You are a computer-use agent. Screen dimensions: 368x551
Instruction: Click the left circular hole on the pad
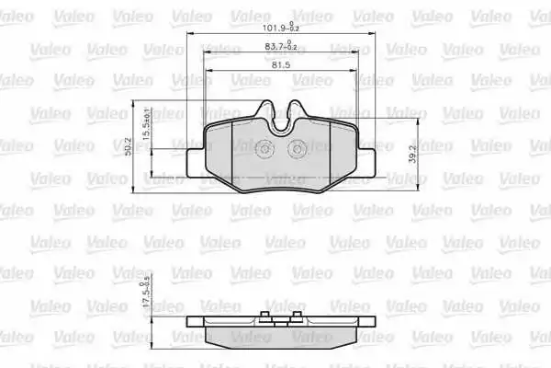click(x=264, y=149)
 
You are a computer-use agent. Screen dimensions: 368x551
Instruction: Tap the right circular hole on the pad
click(x=298, y=149)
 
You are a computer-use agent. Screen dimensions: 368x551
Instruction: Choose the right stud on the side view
click(x=298, y=316)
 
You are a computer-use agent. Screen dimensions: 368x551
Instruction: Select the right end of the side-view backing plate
click(x=372, y=323)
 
